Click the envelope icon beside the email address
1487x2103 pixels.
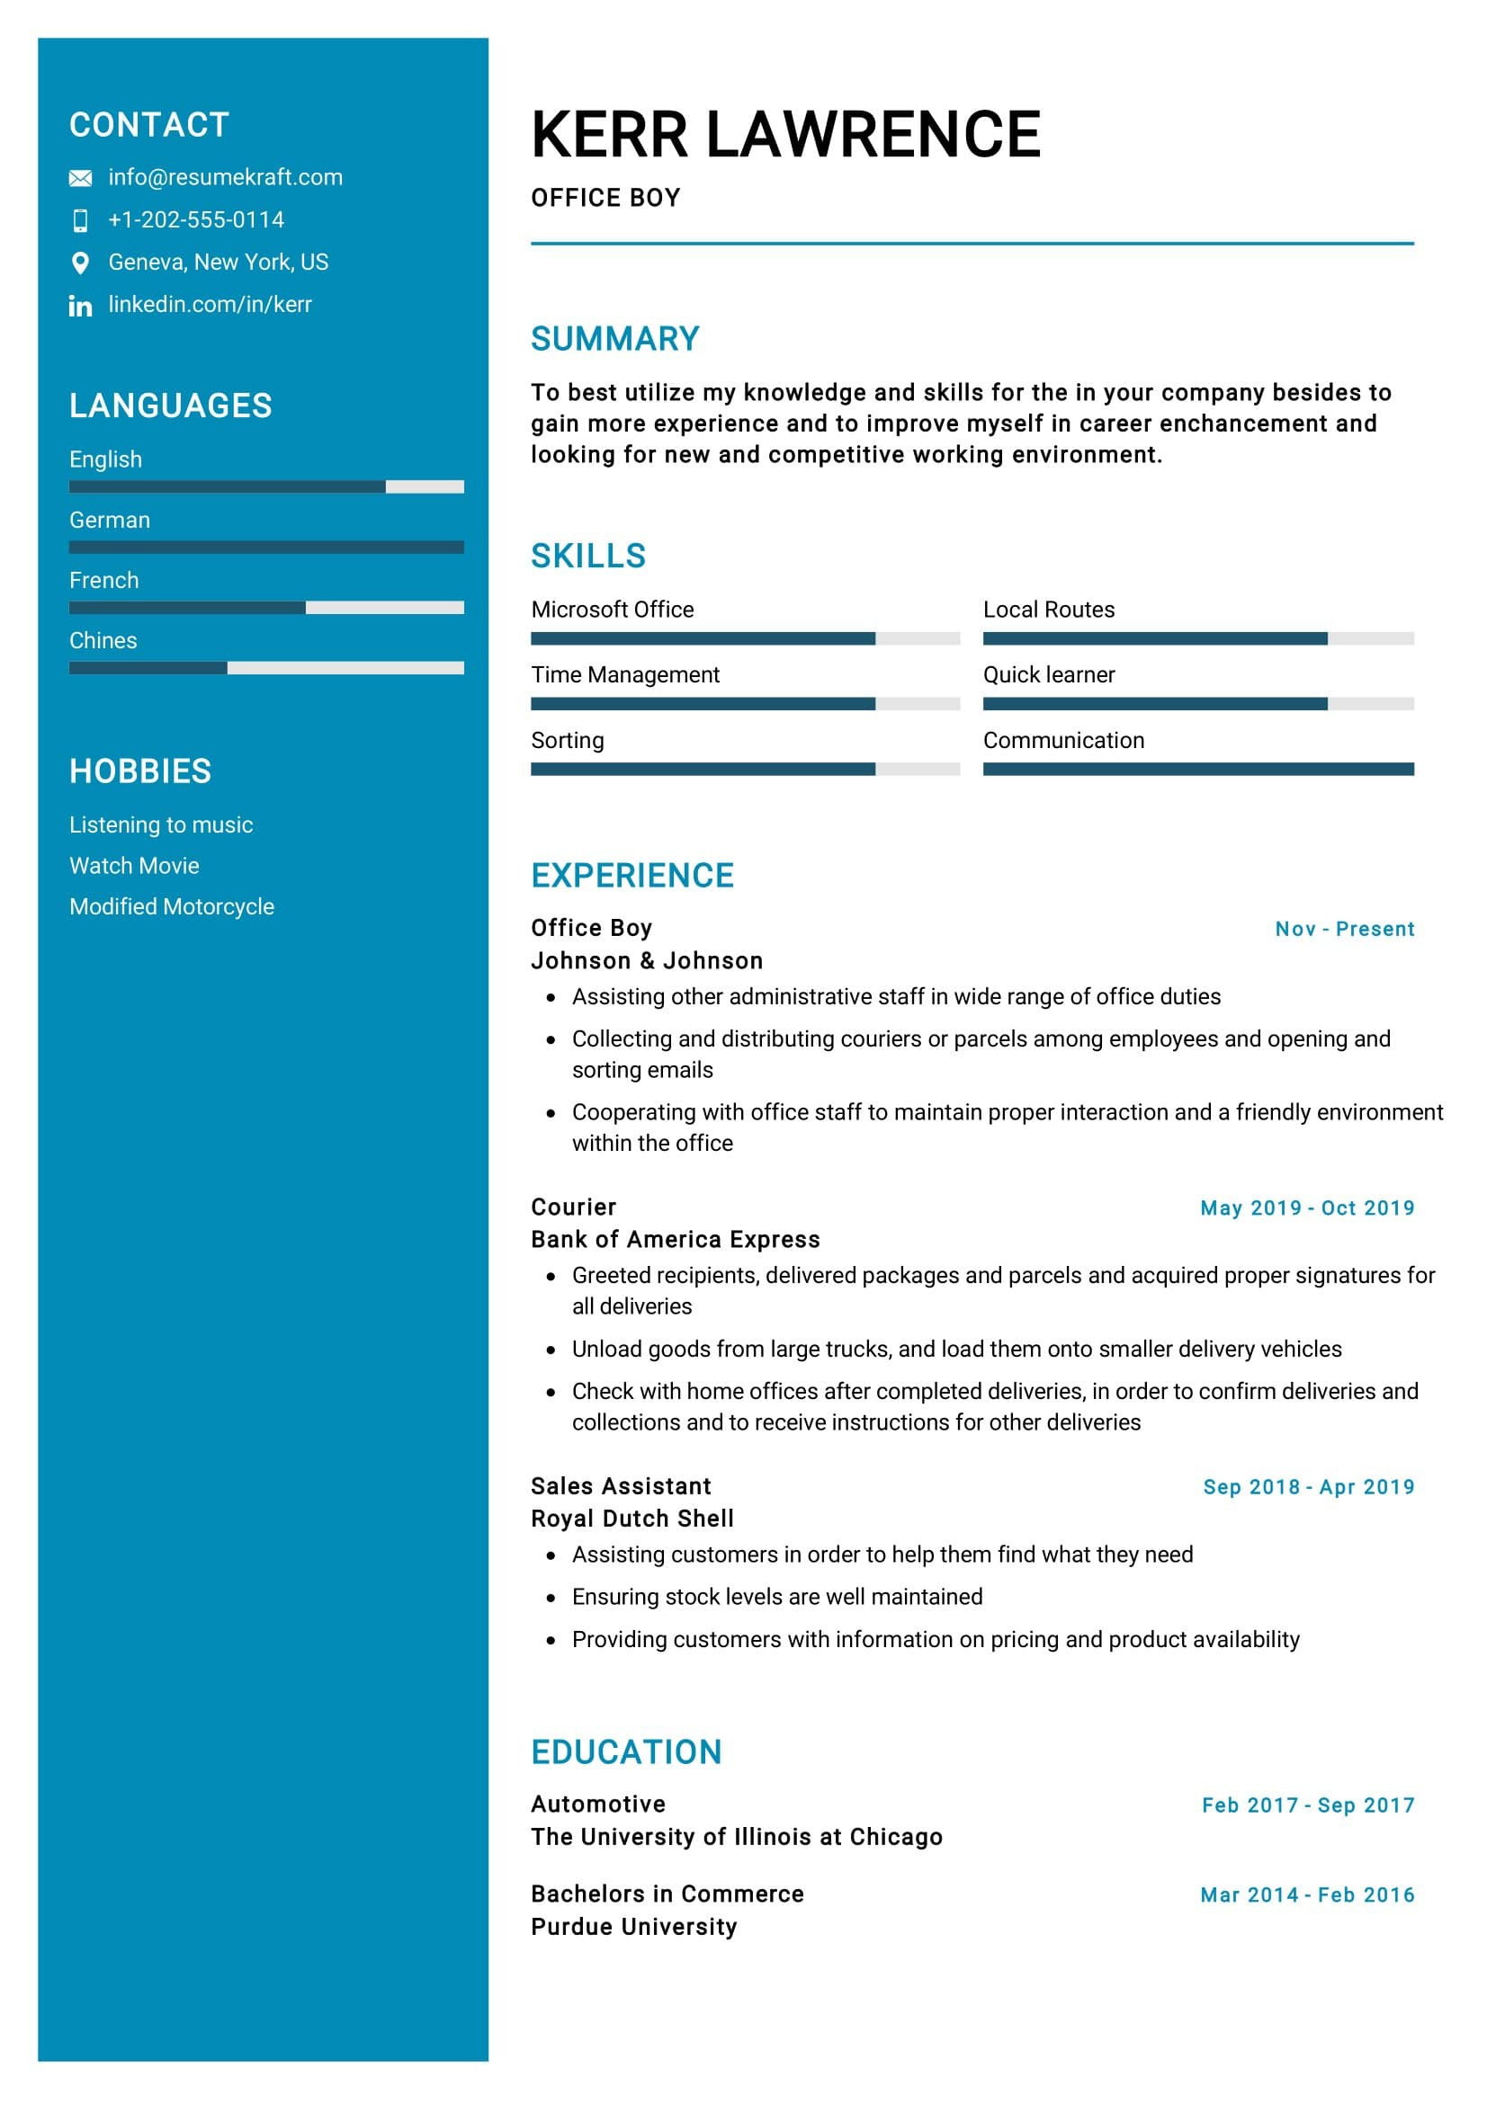(81, 178)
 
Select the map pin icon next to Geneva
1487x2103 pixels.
(81, 263)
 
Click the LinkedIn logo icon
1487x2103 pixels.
(81, 306)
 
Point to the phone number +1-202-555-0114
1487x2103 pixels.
(196, 219)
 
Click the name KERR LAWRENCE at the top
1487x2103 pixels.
(785, 135)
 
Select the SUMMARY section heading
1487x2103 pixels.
(614, 339)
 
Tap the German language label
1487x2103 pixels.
(110, 521)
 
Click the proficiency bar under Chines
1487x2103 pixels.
(265, 668)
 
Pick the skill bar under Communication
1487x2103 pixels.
(1197, 769)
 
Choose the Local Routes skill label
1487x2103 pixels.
(1048, 610)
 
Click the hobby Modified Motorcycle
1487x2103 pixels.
(172, 906)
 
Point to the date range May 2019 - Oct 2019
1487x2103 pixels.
(1306, 1207)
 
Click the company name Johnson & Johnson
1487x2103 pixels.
(647, 960)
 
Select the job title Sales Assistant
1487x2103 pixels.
(621, 1485)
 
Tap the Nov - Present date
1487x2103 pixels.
(1344, 929)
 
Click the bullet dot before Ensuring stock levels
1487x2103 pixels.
(551, 1598)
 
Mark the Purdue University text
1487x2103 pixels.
(633, 1926)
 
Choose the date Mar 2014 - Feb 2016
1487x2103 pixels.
(1306, 1894)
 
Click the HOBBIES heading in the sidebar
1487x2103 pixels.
(140, 771)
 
